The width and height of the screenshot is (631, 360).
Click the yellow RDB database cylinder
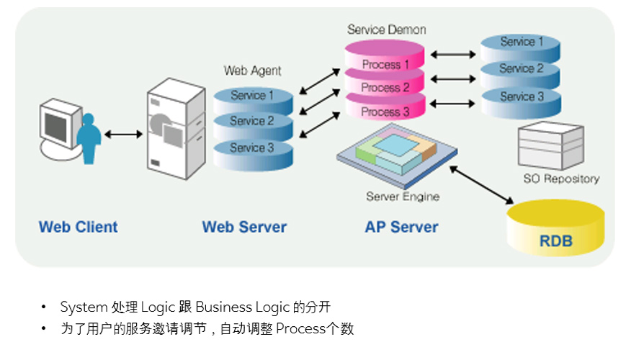click(555, 228)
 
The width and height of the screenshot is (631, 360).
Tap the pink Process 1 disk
click(385, 56)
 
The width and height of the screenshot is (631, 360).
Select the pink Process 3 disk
click(385, 107)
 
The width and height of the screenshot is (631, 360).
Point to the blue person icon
click(89, 139)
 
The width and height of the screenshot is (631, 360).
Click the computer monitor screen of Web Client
click(55, 127)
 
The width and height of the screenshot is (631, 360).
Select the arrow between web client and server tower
click(124, 134)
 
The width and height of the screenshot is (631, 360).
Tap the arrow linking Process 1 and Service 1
click(453, 54)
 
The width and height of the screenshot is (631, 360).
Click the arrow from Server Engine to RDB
click(481, 185)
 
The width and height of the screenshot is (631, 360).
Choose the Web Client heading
click(78, 227)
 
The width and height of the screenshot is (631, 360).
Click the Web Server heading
click(244, 227)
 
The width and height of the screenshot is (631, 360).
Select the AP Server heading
click(401, 227)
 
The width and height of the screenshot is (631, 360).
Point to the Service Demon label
click(386, 30)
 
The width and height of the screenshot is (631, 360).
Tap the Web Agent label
click(252, 71)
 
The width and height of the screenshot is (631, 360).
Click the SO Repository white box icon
click(551, 145)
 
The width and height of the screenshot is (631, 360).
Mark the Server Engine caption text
click(403, 197)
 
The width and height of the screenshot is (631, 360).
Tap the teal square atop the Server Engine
click(396, 145)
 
